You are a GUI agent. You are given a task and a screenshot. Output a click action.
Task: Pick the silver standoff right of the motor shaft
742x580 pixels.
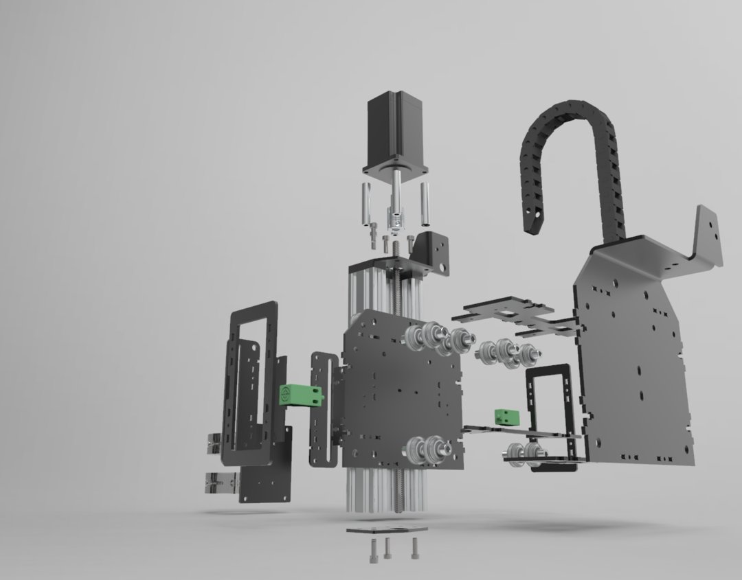(x=426, y=204)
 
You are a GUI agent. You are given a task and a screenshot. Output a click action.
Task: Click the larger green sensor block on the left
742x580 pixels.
(x=300, y=395)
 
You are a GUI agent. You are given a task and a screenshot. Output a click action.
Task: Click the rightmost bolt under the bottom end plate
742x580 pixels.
(x=416, y=547)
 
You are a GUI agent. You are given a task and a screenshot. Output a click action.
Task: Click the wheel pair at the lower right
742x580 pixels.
(x=526, y=453)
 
